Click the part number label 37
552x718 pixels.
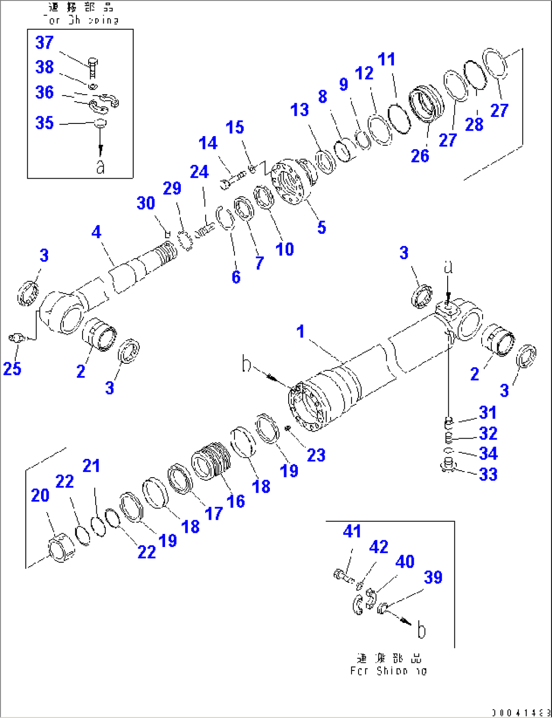point(44,43)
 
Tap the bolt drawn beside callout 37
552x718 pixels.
point(93,67)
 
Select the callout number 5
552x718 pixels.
point(322,227)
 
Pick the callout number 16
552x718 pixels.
point(235,501)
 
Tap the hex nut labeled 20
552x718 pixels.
point(61,548)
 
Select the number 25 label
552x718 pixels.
point(12,368)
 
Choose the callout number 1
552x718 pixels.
point(300,331)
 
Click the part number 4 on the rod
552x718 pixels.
point(96,232)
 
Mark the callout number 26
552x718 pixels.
point(420,156)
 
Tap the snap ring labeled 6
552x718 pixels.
point(225,218)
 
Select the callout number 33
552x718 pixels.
point(488,474)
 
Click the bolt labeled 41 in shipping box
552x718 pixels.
point(343,576)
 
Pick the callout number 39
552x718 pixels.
point(433,577)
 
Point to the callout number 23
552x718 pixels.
point(316,455)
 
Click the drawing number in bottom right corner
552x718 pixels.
point(520,712)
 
